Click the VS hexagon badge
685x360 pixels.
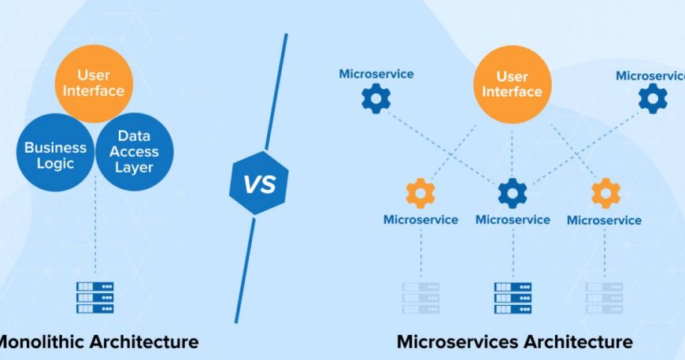pos(258,183)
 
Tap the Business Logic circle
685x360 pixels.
pos(55,153)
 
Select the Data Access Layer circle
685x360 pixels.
pos(134,151)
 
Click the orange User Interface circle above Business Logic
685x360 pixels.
pos(94,84)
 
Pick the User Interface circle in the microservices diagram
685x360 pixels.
pos(513,84)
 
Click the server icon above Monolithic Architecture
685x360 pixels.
pos(94,298)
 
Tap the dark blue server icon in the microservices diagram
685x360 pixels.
pos(513,298)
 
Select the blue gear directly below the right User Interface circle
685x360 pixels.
pos(513,193)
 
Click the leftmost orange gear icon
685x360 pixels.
pos(420,193)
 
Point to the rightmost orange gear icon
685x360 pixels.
pos(605,193)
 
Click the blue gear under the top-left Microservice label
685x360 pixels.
pos(376,98)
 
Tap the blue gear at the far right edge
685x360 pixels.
pos(653,98)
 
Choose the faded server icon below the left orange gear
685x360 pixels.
pos(420,298)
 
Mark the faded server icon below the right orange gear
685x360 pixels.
pos(605,298)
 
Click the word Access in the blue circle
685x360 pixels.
pos(134,151)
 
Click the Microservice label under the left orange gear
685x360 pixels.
pos(420,220)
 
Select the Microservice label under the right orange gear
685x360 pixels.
pos(604,221)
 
